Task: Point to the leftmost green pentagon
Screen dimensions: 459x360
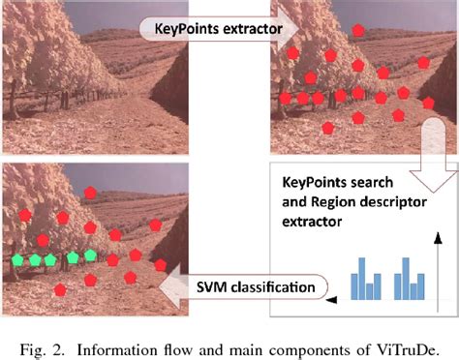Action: [x=16, y=260]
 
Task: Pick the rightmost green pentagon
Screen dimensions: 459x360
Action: [x=90, y=255]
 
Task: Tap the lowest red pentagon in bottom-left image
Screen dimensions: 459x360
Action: [x=60, y=289]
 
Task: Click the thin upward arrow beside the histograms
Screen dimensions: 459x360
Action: [x=438, y=261]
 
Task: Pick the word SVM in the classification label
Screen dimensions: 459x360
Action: [x=220, y=286]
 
